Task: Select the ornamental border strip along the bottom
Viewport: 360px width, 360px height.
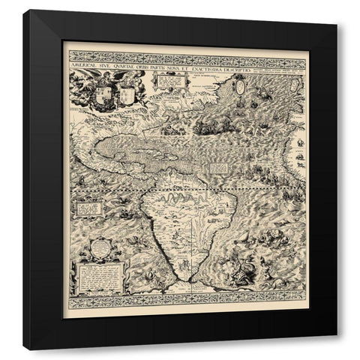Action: click(x=187, y=302)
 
